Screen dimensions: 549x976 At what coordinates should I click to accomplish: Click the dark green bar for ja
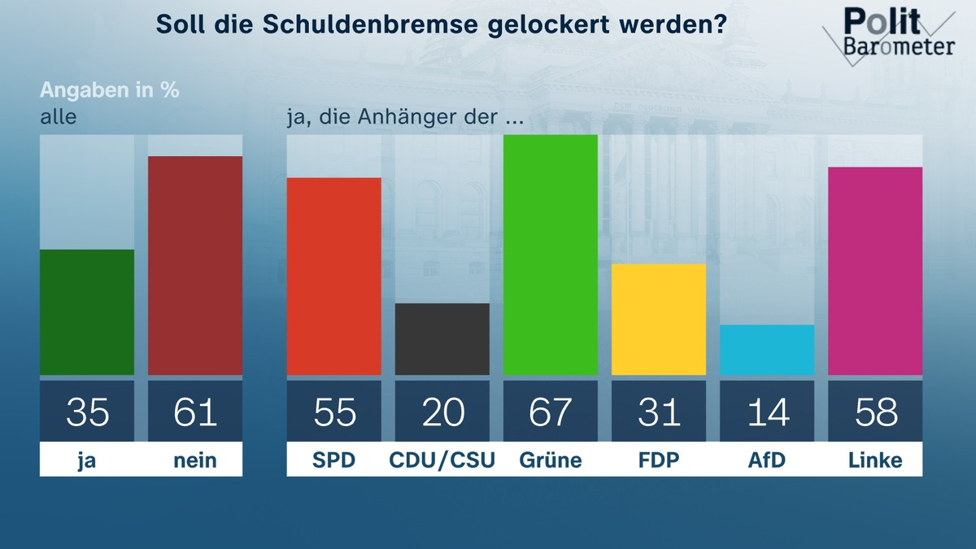pyautogui.click(x=87, y=312)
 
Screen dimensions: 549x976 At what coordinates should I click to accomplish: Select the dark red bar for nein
pyautogui.click(x=195, y=265)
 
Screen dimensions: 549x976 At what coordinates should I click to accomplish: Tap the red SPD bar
pyautogui.click(x=334, y=277)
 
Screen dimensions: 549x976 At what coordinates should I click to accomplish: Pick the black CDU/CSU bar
pyautogui.click(x=442, y=339)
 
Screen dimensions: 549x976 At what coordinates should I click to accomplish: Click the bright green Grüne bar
pyautogui.click(x=551, y=255)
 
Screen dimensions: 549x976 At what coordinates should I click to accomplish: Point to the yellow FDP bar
pyautogui.click(x=659, y=320)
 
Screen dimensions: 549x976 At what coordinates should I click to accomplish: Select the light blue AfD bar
pyautogui.click(x=767, y=350)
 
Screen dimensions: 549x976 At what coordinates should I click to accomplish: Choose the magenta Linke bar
pyautogui.click(x=875, y=271)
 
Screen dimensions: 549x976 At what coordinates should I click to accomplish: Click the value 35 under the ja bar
pyautogui.click(x=87, y=412)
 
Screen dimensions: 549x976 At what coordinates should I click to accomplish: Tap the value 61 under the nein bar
pyautogui.click(x=195, y=412)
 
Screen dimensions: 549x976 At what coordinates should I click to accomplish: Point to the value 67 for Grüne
pyautogui.click(x=551, y=412)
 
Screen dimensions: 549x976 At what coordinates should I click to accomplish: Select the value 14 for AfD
pyautogui.click(x=767, y=412)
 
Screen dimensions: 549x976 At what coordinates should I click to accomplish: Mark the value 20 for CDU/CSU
pyautogui.click(x=442, y=412)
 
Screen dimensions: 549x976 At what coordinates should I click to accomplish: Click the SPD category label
pyautogui.click(x=334, y=460)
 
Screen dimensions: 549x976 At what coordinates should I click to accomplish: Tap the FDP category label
pyautogui.click(x=659, y=460)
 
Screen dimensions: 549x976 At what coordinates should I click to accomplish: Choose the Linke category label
pyautogui.click(x=875, y=460)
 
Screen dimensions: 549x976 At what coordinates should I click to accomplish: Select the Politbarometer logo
pyautogui.click(x=891, y=34)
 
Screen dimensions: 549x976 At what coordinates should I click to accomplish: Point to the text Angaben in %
pyautogui.click(x=110, y=89)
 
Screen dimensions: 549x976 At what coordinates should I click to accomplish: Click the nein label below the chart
pyautogui.click(x=195, y=460)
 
